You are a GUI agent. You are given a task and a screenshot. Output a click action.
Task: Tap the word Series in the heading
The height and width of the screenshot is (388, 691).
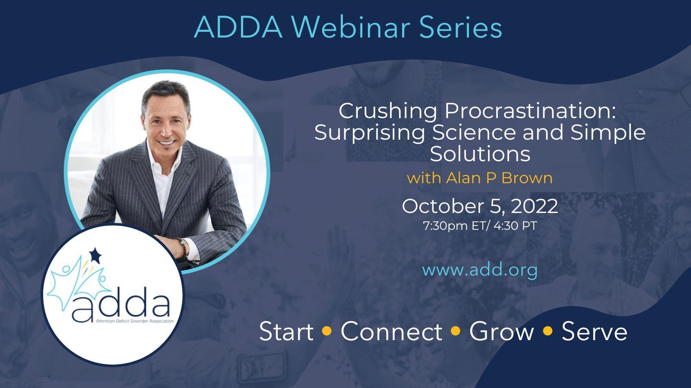460,28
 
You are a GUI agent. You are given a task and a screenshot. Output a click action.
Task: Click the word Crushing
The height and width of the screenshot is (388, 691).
388,112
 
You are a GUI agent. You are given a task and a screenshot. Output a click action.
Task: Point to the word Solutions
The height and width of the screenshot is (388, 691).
480,153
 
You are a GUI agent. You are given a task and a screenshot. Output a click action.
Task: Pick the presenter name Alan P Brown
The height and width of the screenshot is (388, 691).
499,178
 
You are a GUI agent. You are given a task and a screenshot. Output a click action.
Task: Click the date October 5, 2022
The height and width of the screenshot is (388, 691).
480,207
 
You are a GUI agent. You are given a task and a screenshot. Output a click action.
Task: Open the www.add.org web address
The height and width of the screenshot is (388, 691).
480,270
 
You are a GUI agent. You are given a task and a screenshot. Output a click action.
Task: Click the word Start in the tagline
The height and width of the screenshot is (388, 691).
286,332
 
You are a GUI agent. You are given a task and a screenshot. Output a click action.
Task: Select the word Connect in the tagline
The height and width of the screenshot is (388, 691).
391,332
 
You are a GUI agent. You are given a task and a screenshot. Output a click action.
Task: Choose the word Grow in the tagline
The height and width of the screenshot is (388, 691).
501,332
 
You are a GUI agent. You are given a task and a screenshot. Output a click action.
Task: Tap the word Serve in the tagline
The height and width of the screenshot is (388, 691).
594,332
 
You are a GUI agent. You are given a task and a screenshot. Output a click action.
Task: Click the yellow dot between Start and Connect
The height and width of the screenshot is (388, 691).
326,331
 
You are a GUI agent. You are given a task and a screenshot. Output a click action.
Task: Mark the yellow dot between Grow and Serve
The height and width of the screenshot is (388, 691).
548,331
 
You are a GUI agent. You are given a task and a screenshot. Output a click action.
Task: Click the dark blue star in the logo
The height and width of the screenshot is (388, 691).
95,255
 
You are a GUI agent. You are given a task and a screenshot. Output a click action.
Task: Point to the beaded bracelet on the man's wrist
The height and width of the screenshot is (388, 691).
183,247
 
